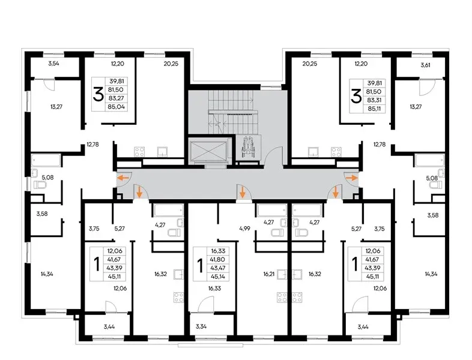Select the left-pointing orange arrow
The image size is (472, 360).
pos(123,178)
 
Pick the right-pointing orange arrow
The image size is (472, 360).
pos(352,178)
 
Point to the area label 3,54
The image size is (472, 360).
pos(54,64)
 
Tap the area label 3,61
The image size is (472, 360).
pos(425,65)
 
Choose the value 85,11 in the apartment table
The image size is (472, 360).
pos(375,109)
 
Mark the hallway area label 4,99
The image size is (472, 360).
pos(245,228)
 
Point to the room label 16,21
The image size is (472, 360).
pos(270,274)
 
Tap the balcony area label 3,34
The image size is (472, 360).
pos(201,326)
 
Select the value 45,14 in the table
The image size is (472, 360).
pos(218,277)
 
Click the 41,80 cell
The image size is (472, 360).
pos(218,259)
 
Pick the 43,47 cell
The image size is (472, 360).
pos(218,268)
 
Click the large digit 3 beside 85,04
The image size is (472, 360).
pos(98,94)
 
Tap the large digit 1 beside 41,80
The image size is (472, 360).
pos(199,265)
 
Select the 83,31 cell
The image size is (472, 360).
pos(375,100)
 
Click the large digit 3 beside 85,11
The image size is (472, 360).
pos(356,96)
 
